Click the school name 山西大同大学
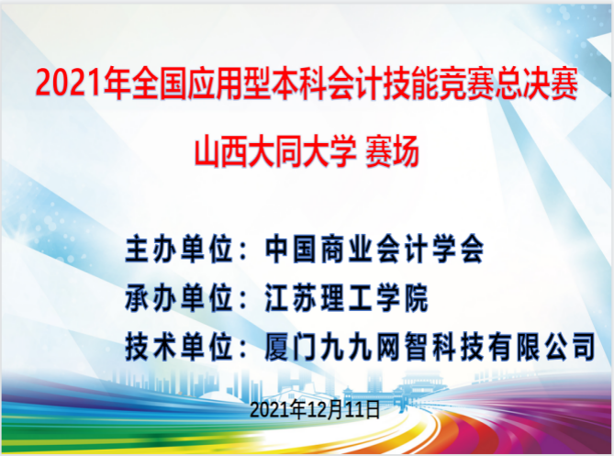pyautogui.click(x=275, y=151)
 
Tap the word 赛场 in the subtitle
pyautogui.click(x=392, y=151)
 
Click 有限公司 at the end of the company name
pyautogui.click(x=542, y=347)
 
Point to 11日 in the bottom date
pyautogui.click(x=363, y=410)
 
